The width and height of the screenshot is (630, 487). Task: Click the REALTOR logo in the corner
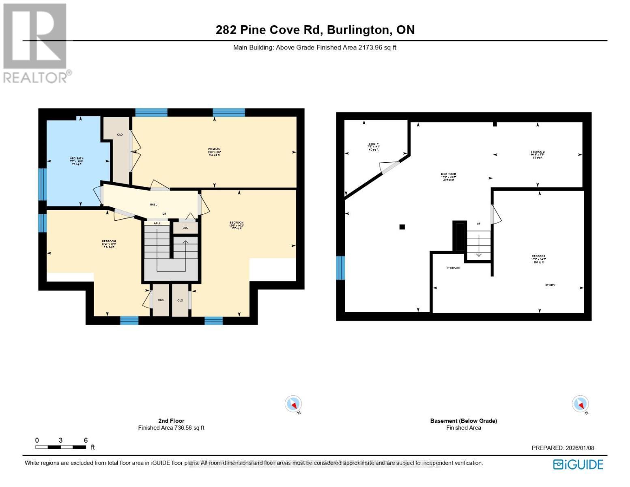point(36,43)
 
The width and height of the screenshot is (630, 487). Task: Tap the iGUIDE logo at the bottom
point(578,464)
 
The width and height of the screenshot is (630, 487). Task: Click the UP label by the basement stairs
point(479,224)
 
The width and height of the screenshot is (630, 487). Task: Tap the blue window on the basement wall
point(340,268)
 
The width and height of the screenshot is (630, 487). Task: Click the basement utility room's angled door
point(389,168)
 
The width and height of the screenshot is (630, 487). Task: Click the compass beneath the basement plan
point(580,404)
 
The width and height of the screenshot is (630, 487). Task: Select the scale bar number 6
point(86,440)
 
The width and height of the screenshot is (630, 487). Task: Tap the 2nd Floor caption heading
point(171,421)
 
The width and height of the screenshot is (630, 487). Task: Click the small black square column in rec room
point(402,227)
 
